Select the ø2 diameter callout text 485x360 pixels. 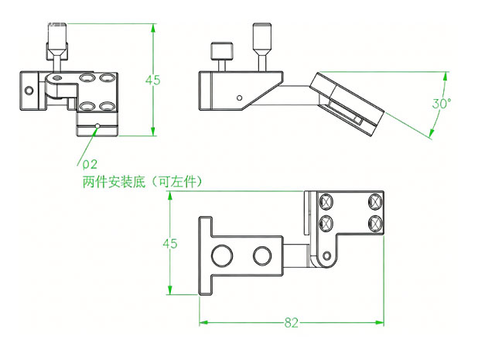coord(87,164)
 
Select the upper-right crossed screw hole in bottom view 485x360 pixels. coord(376,202)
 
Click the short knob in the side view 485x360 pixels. coord(220,53)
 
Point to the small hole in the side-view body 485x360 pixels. coord(240,98)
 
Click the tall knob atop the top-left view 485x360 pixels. coord(57,36)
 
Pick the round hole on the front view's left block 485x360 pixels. coord(29,91)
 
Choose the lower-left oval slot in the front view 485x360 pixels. coord(87,106)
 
